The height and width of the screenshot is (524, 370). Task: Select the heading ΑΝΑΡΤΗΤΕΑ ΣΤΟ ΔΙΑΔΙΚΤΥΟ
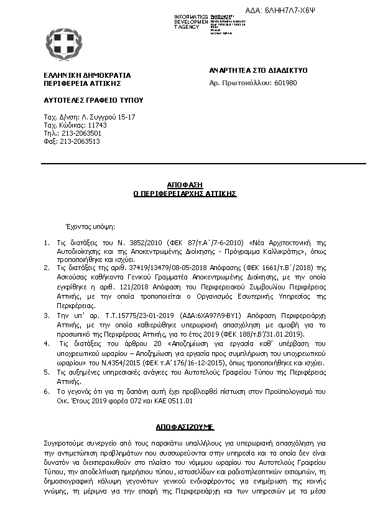[x=258, y=70]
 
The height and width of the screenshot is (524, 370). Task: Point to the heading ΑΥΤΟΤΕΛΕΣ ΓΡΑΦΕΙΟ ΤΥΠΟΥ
[x=85, y=100]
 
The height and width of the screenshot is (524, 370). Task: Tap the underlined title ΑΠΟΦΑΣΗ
[x=185, y=185]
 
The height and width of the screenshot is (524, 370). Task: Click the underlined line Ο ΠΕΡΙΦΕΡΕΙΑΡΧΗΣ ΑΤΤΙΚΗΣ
[x=185, y=194]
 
